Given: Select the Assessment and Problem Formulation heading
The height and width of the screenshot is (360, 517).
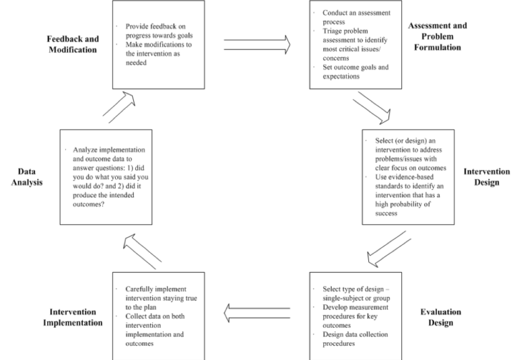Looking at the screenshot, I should click(437, 35).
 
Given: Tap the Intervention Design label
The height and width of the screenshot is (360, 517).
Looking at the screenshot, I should click(481, 176).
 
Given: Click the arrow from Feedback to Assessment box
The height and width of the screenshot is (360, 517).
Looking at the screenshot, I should click(256, 44).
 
